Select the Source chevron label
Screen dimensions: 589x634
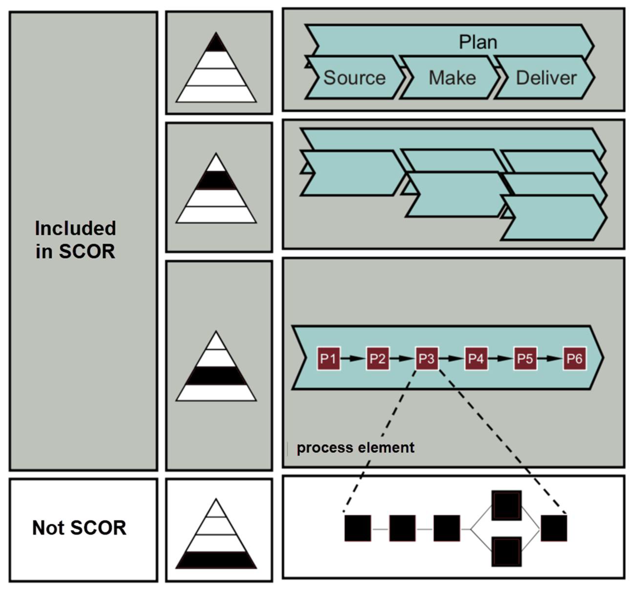click(x=354, y=78)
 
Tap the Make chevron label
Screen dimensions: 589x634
click(x=452, y=78)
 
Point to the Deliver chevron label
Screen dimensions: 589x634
click(x=546, y=78)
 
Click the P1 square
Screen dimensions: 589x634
click(x=328, y=359)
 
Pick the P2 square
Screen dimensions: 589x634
click(x=378, y=359)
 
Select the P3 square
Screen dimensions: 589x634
click(x=427, y=359)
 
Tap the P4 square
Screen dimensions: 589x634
click(x=476, y=359)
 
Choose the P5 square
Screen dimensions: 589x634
click(x=525, y=359)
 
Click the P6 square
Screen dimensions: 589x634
click(x=574, y=359)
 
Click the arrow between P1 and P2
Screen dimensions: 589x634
click(x=353, y=359)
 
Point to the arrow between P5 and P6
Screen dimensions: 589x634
click(x=550, y=359)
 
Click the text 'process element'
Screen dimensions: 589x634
click(x=355, y=448)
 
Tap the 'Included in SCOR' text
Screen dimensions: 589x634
click(x=75, y=240)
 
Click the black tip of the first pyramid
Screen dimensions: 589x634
click(x=216, y=44)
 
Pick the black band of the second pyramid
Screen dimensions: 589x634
click(x=216, y=180)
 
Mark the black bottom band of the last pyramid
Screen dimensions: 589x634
click(x=216, y=560)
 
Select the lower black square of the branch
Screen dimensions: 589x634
click(x=506, y=552)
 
